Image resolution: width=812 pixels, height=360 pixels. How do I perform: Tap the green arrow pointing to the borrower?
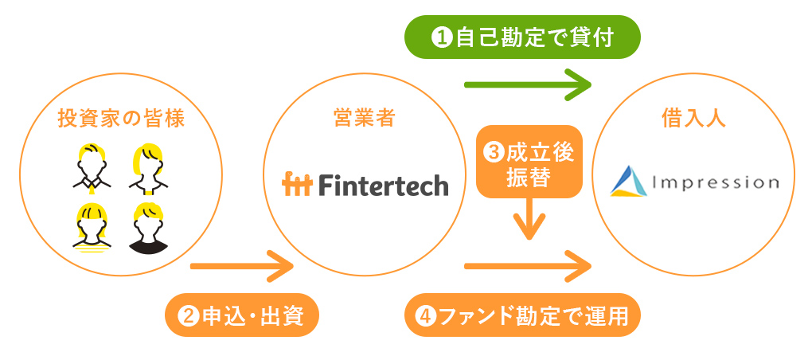pyautogui.click(x=527, y=83)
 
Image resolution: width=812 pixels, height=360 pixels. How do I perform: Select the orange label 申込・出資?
pyautogui.click(x=242, y=316)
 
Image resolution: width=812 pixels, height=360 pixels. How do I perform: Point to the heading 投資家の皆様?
pyautogui.click(x=121, y=119)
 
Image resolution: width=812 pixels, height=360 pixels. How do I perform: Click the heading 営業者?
pyautogui.click(x=364, y=119)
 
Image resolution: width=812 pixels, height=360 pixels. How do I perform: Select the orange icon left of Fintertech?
pyautogui.click(x=298, y=185)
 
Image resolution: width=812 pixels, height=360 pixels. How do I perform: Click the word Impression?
pyautogui.click(x=714, y=182)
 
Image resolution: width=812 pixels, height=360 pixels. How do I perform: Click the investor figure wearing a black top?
pyautogui.click(x=148, y=228)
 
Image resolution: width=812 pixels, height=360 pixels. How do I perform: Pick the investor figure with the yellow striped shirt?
pyautogui.click(x=94, y=228)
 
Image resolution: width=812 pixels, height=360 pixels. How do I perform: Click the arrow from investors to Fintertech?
pyautogui.click(x=242, y=264)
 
